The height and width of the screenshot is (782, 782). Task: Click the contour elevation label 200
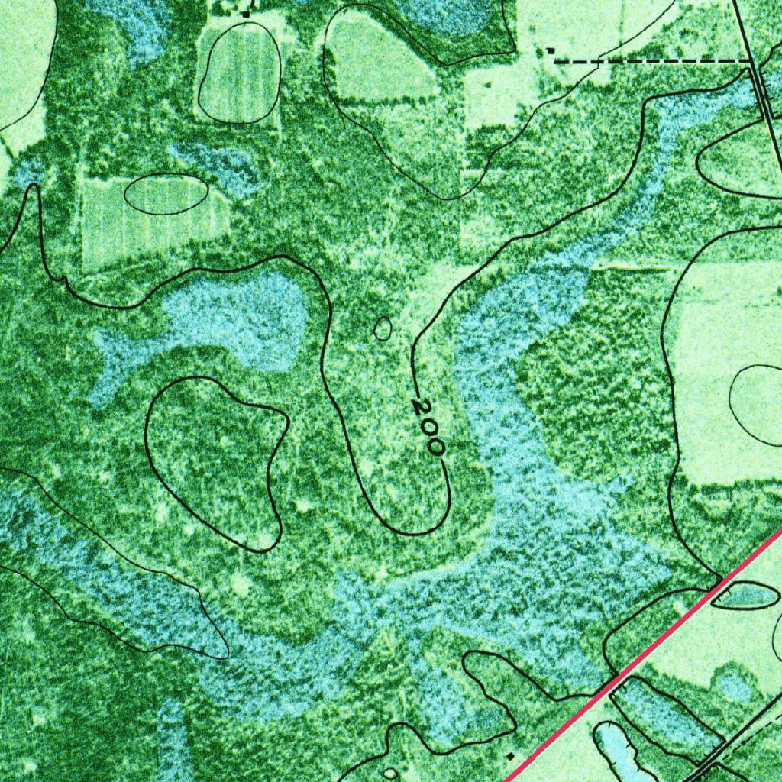click(428, 427)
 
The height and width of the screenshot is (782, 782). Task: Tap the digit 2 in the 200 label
click(419, 406)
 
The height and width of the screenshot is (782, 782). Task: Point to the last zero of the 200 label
click(435, 446)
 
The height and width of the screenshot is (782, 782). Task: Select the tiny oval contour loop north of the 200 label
click(383, 329)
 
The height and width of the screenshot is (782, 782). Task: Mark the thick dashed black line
click(649, 60)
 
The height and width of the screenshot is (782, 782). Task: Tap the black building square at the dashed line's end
click(550, 50)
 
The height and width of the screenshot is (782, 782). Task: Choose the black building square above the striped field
click(246, 13)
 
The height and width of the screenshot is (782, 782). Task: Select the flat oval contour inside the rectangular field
click(166, 194)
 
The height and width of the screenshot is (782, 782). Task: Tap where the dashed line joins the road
click(751, 60)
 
